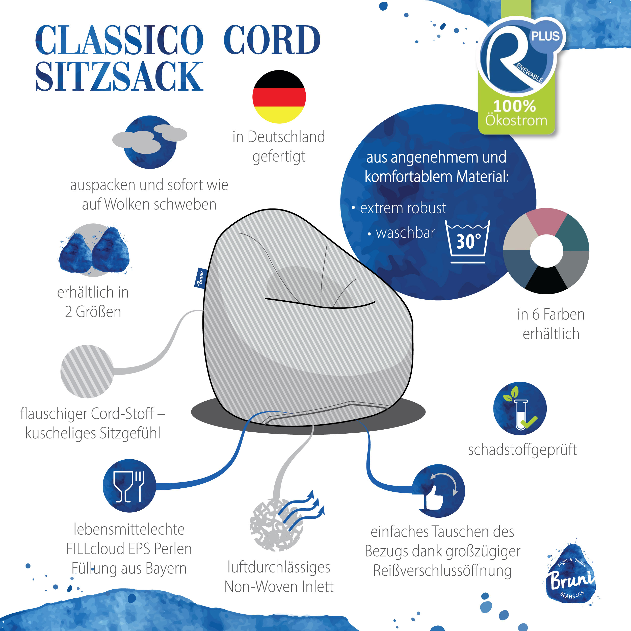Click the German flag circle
279,97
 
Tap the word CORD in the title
272,40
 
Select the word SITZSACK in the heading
119,76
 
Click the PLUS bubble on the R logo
545,36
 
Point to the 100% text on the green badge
514,106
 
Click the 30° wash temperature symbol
468,242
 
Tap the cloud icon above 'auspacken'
150,142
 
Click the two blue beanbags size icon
94,250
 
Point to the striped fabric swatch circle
87,371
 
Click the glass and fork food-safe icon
129,486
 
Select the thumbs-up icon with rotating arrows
438,491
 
